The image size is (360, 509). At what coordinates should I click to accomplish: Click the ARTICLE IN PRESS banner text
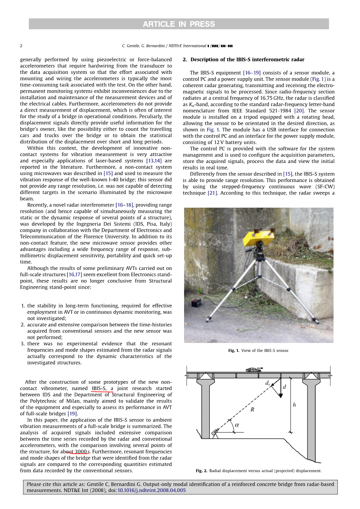click(179, 24)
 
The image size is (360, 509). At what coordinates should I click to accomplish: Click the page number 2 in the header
click(21, 46)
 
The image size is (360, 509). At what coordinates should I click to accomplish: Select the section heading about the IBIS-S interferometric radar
click(244, 59)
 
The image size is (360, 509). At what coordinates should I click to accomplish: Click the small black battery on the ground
click(195, 303)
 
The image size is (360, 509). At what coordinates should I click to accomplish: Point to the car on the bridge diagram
click(254, 369)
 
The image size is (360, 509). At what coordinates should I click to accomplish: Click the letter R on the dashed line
click(252, 409)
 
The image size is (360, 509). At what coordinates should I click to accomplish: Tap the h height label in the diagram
click(294, 405)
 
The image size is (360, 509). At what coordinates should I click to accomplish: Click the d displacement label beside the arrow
click(284, 387)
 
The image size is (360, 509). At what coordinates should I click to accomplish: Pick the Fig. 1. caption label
click(234, 351)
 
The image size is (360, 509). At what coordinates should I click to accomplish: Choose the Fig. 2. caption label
click(201, 471)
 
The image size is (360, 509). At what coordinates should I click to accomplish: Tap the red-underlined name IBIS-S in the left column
click(99, 388)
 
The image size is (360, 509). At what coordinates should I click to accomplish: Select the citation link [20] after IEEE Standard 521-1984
click(299, 111)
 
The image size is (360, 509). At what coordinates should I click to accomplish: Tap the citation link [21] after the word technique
click(212, 193)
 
